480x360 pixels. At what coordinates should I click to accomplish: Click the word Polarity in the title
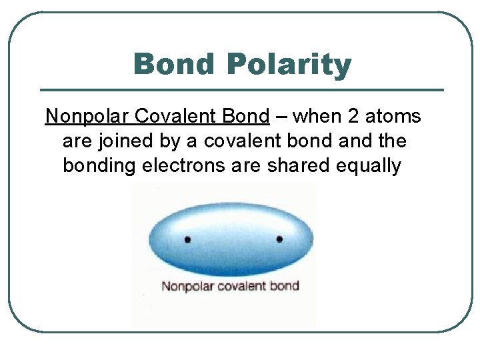pos(288,65)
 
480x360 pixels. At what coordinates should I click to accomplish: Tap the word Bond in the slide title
pos(175,65)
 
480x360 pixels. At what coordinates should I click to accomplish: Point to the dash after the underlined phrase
pos(281,117)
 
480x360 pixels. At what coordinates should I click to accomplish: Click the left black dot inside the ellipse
pos(187,239)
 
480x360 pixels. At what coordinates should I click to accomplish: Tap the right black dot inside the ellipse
pos(279,239)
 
